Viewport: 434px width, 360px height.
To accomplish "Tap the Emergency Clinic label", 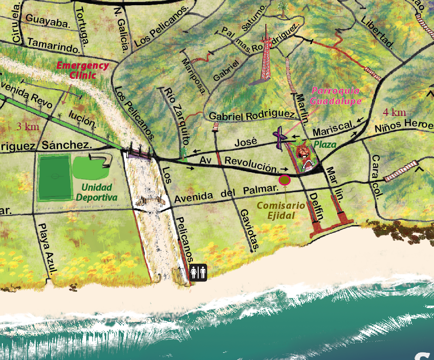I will (x=83, y=70).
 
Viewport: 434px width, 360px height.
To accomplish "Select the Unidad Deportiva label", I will (x=97, y=192).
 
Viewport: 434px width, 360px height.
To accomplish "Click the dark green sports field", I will (x=54, y=176).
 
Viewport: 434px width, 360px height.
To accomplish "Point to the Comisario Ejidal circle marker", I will (x=284, y=180).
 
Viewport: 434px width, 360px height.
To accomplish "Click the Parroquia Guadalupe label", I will (x=335, y=96).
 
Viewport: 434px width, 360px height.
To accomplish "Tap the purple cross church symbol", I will (x=280, y=136).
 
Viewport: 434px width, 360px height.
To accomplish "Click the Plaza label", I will (x=324, y=144).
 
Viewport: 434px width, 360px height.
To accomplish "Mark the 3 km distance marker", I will (x=28, y=127).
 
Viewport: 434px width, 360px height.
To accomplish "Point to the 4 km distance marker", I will (x=394, y=113).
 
